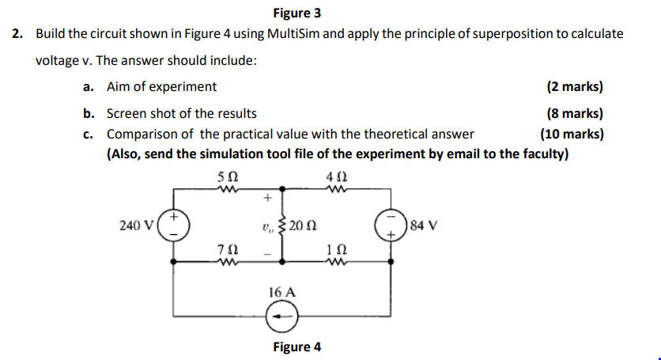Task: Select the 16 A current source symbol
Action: pos(282,318)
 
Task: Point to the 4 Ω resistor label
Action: pos(334,177)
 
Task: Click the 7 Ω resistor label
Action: pos(227,250)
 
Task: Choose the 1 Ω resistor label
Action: pos(334,250)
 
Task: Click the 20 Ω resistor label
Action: pos(302,225)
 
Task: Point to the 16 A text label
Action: pos(282,292)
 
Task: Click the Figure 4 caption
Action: pos(297,347)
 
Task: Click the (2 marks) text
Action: pos(575,87)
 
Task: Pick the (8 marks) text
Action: pos(575,114)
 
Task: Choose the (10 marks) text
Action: pos(572,134)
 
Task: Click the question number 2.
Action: pos(17,34)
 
